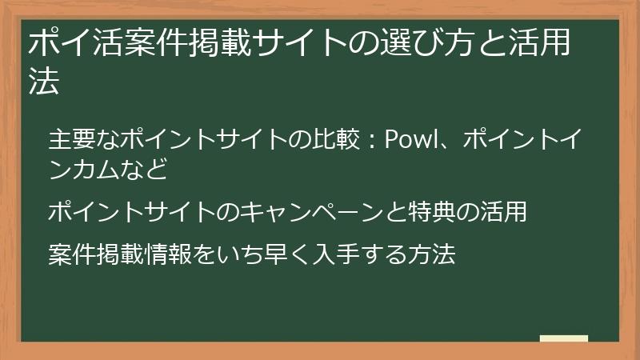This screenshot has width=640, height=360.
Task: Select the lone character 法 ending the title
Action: coord(44,82)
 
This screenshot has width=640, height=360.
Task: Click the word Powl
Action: coord(410,141)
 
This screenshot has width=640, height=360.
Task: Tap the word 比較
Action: coord(337,141)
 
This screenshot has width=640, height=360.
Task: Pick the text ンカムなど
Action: coord(107,170)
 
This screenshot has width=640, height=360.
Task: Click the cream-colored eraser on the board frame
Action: coord(563,339)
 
